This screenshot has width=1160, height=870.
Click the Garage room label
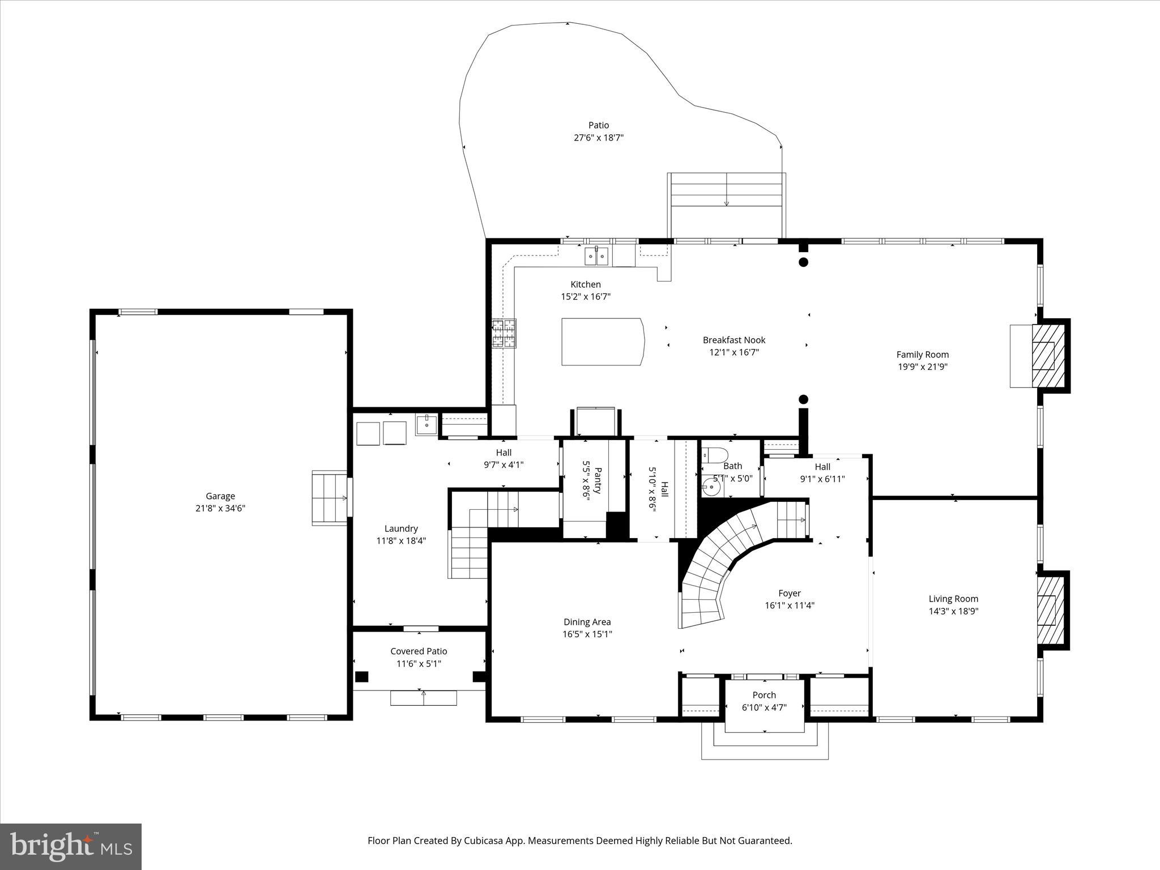[220, 496]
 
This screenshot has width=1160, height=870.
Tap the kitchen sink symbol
[596, 256]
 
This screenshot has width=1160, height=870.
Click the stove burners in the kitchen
[504, 333]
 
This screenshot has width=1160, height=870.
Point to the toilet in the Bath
[715, 455]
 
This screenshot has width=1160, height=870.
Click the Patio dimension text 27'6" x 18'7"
[598, 138]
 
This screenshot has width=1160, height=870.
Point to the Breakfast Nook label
[733, 340]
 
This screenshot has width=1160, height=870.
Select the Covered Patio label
[419, 651]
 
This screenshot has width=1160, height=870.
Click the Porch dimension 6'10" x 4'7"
[764, 707]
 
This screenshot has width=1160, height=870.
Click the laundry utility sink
[426, 424]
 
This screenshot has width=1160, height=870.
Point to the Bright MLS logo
[71, 846]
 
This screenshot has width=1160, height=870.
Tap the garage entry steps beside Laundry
[330, 498]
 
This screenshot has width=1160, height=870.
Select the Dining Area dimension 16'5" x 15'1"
[587, 634]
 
